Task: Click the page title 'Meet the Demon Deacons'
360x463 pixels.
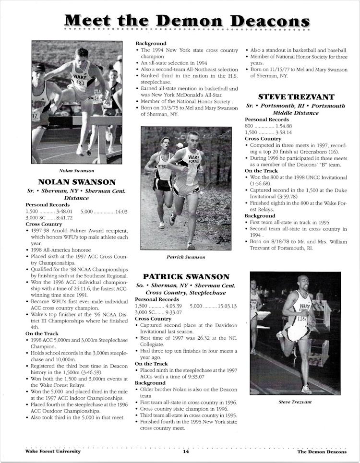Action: [x=187, y=21]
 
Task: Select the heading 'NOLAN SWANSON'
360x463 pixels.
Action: [x=76, y=182]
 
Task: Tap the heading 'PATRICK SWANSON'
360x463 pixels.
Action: [x=186, y=277]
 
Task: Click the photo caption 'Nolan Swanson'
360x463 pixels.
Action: [x=76, y=170]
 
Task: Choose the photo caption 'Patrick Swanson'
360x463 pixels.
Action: [x=185, y=257]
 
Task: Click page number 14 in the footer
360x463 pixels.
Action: [x=186, y=451]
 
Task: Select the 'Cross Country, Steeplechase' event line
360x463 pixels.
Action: [x=186, y=292]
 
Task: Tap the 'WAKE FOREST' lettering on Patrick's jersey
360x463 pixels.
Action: [x=194, y=160]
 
